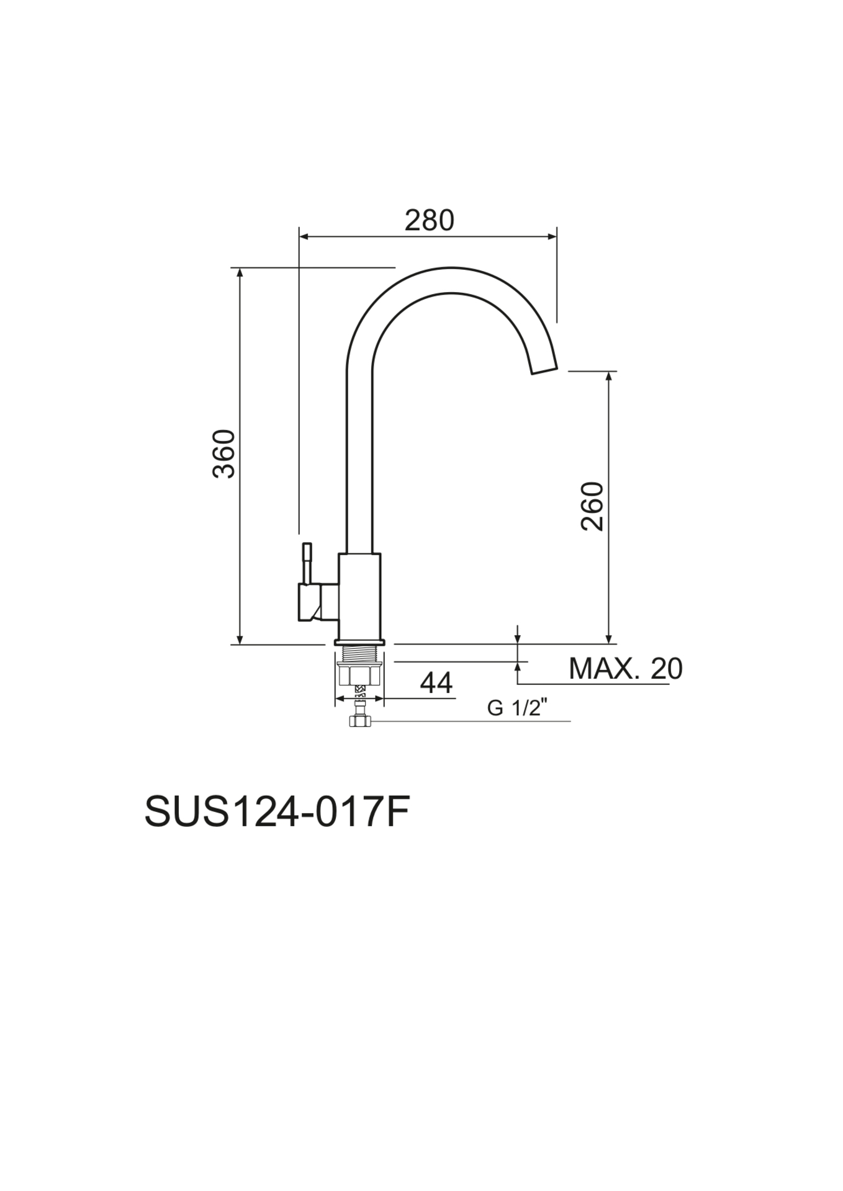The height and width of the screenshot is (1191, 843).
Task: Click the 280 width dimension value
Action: (x=429, y=220)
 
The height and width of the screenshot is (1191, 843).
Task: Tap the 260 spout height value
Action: (x=592, y=506)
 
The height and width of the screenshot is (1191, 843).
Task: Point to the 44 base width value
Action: (x=436, y=683)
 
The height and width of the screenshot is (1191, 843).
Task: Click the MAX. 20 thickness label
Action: (x=624, y=669)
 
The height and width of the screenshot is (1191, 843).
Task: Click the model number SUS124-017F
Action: (x=277, y=812)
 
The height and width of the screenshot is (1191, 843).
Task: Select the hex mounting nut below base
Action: (x=359, y=674)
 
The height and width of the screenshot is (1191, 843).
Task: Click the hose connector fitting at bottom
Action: (x=359, y=720)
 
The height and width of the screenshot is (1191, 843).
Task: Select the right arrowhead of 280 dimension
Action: (x=552, y=236)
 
